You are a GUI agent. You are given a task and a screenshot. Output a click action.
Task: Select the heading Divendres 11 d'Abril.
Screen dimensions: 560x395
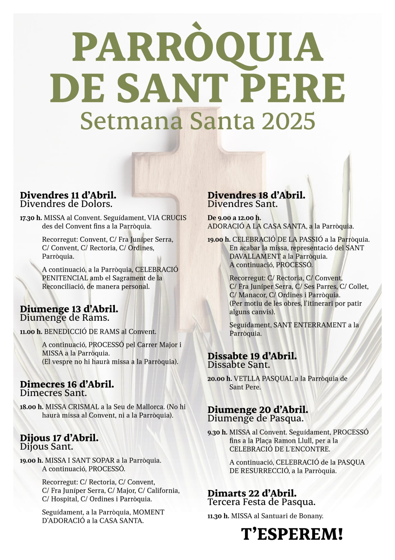(x=68, y=195)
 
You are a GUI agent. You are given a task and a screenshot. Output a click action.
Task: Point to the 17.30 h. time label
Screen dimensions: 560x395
(x=31, y=218)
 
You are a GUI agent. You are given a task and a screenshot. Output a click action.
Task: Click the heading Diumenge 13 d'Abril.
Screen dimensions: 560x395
(x=69, y=309)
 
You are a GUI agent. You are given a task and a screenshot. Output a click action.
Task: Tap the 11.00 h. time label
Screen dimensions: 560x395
(x=31, y=332)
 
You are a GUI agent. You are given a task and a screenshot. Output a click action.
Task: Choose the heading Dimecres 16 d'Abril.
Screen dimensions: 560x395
(x=67, y=384)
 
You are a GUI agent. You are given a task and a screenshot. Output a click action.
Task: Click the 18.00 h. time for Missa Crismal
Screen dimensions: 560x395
(x=31, y=407)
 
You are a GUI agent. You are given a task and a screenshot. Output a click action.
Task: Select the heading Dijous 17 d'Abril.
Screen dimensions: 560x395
(x=59, y=438)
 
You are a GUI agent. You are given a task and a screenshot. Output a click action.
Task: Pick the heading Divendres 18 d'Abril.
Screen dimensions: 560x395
(x=256, y=195)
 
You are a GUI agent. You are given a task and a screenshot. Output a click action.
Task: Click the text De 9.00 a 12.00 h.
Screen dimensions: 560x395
(x=234, y=218)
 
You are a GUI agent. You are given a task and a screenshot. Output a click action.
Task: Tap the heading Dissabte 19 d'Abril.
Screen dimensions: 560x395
(x=252, y=356)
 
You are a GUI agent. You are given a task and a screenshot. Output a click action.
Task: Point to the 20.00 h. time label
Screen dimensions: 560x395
(x=219, y=379)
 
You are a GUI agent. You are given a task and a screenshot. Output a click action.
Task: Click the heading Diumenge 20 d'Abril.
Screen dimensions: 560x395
(x=258, y=410)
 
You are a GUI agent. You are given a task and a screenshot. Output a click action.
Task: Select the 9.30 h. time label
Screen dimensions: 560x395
(x=217, y=432)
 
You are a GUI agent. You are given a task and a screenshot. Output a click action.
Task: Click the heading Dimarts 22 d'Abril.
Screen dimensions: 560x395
(x=252, y=493)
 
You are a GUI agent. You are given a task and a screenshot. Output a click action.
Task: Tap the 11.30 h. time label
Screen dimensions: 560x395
(x=218, y=516)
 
